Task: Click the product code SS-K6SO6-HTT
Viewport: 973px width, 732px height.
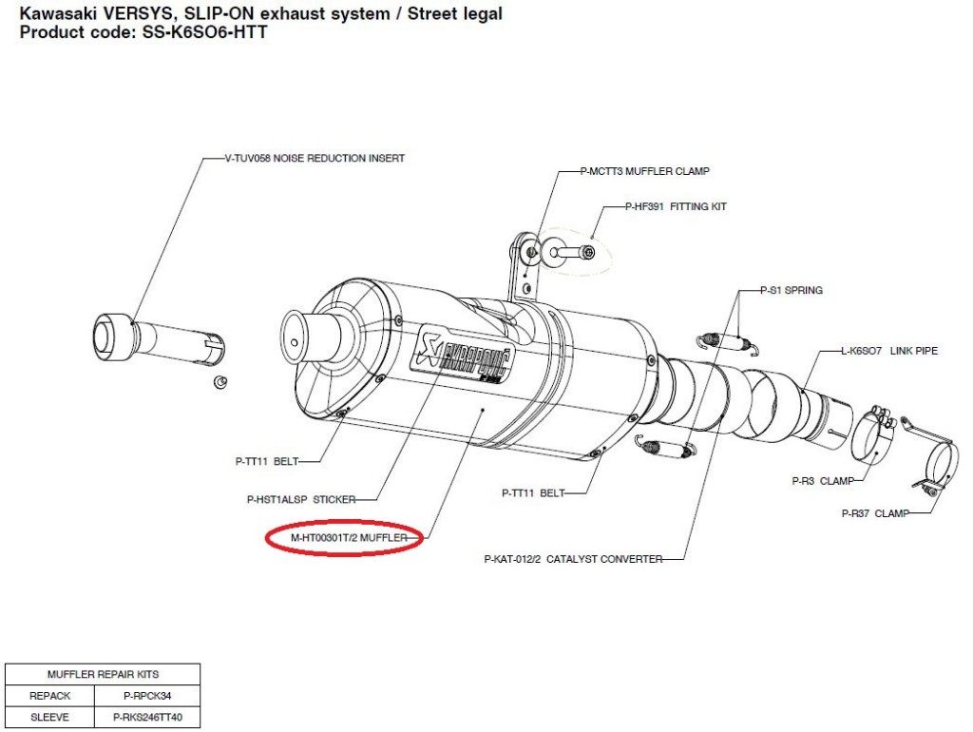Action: [x=205, y=32]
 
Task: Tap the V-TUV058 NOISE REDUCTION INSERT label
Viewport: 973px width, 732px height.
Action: [x=315, y=159]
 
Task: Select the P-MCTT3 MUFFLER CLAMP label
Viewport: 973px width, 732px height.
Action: [x=645, y=171]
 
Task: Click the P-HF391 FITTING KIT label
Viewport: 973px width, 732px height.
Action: [x=676, y=206]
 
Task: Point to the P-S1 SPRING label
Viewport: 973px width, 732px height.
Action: [x=792, y=290]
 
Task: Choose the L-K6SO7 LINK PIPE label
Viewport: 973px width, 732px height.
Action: [x=889, y=351]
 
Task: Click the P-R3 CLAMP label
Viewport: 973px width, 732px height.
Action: [x=823, y=480]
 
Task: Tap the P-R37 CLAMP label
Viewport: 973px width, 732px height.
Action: [x=875, y=513]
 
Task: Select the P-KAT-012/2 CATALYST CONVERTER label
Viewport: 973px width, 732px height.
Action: [x=573, y=559]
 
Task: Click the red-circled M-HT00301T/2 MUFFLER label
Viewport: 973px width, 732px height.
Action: [x=349, y=538]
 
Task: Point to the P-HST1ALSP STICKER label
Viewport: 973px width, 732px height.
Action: [x=301, y=499]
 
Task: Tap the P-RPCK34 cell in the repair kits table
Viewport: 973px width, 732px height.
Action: [x=147, y=696]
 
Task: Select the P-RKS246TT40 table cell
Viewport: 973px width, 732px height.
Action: [x=147, y=717]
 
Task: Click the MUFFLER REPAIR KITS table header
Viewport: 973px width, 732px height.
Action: [x=103, y=674]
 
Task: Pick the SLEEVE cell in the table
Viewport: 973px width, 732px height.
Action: [x=49, y=717]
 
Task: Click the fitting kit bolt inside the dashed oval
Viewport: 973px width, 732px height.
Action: [x=572, y=253]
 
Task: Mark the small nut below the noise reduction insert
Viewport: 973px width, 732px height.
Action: [x=219, y=381]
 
